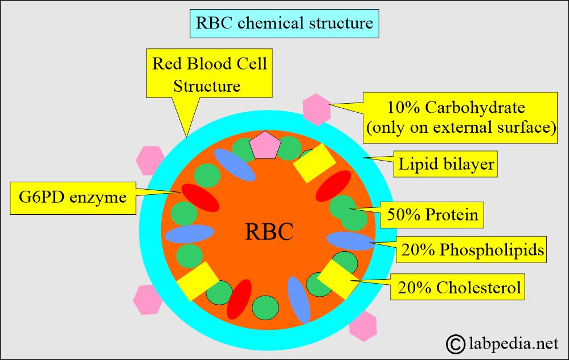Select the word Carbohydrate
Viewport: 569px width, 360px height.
click(x=476, y=107)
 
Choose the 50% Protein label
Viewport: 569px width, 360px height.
click(x=432, y=216)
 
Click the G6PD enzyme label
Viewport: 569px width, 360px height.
click(x=69, y=198)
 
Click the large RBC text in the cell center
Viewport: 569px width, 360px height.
click(x=269, y=231)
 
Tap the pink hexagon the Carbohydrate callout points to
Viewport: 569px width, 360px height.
click(x=317, y=109)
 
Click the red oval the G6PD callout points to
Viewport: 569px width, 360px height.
click(x=199, y=197)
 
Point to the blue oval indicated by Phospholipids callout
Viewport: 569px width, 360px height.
click(x=350, y=241)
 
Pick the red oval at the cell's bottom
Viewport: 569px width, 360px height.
click(x=239, y=298)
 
